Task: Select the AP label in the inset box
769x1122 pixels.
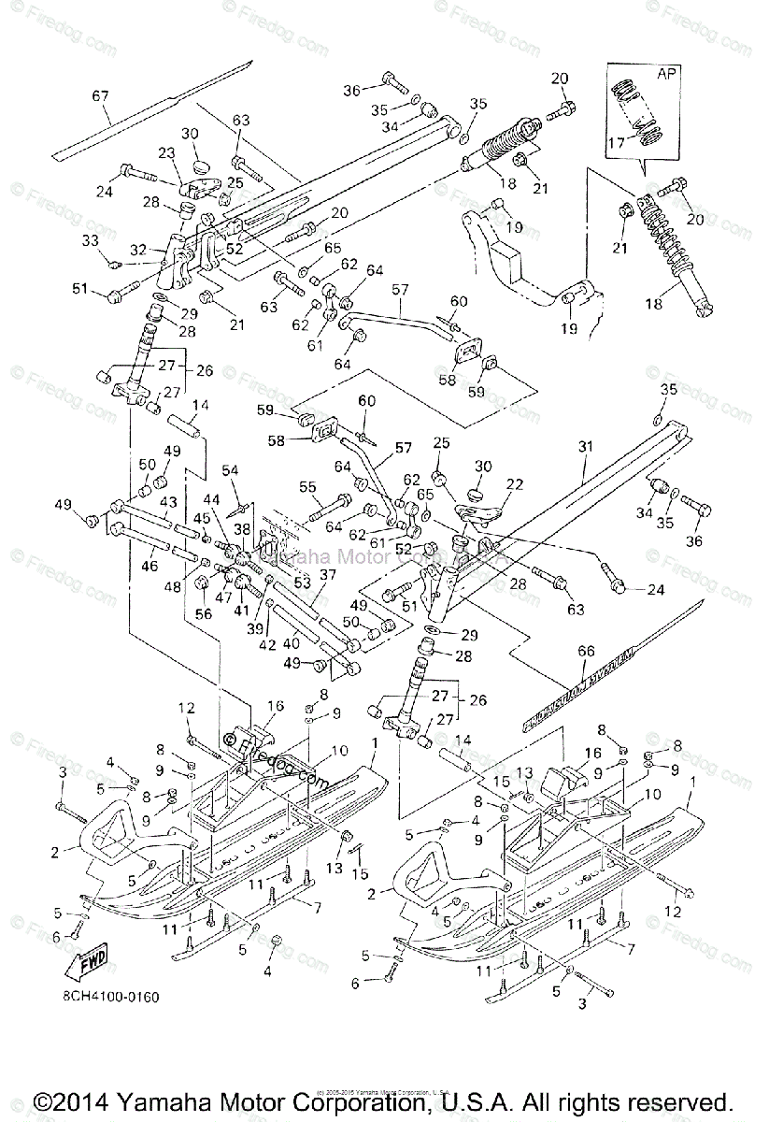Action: click(x=666, y=71)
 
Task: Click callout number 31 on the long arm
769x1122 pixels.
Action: click(x=587, y=447)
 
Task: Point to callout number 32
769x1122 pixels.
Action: click(x=137, y=250)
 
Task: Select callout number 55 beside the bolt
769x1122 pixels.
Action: click(x=306, y=487)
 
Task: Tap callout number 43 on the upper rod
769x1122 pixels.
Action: click(x=168, y=502)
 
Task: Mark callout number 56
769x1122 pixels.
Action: click(x=204, y=614)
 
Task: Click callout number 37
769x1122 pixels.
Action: click(x=328, y=574)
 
